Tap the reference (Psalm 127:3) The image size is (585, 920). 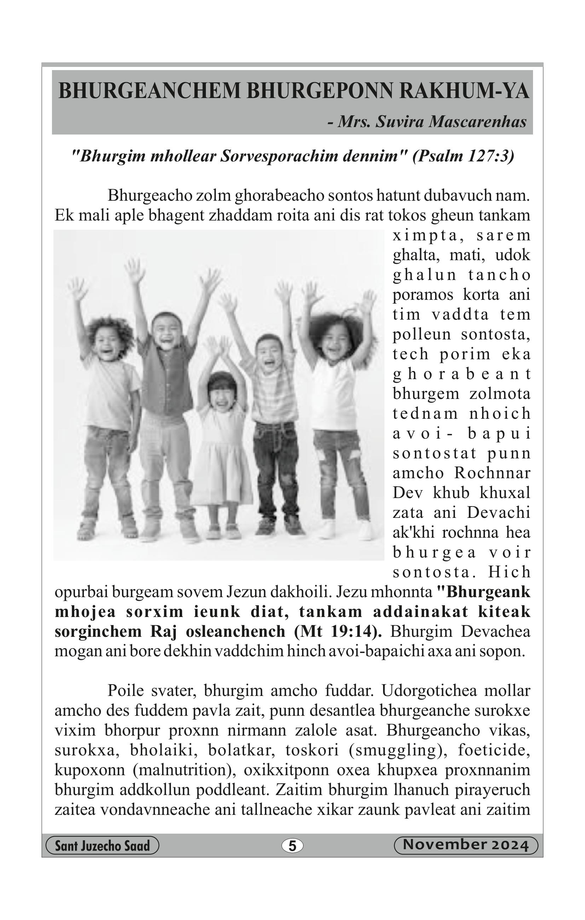(x=463, y=156)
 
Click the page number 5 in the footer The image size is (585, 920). (x=292, y=846)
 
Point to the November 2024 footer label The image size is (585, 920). (x=465, y=845)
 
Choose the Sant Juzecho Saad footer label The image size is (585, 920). (x=102, y=846)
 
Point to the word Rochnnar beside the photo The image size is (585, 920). (x=492, y=473)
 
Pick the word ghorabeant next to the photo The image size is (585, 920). (x=462, y=374)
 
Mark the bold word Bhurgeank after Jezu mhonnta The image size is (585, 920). (x=488, y=592)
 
